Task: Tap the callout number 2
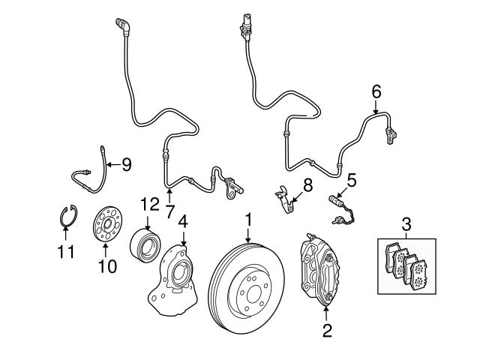tap(326, 330)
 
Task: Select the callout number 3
tap(406, 223)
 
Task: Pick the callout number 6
tap(376, 91)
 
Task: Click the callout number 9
tap(126, 163)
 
